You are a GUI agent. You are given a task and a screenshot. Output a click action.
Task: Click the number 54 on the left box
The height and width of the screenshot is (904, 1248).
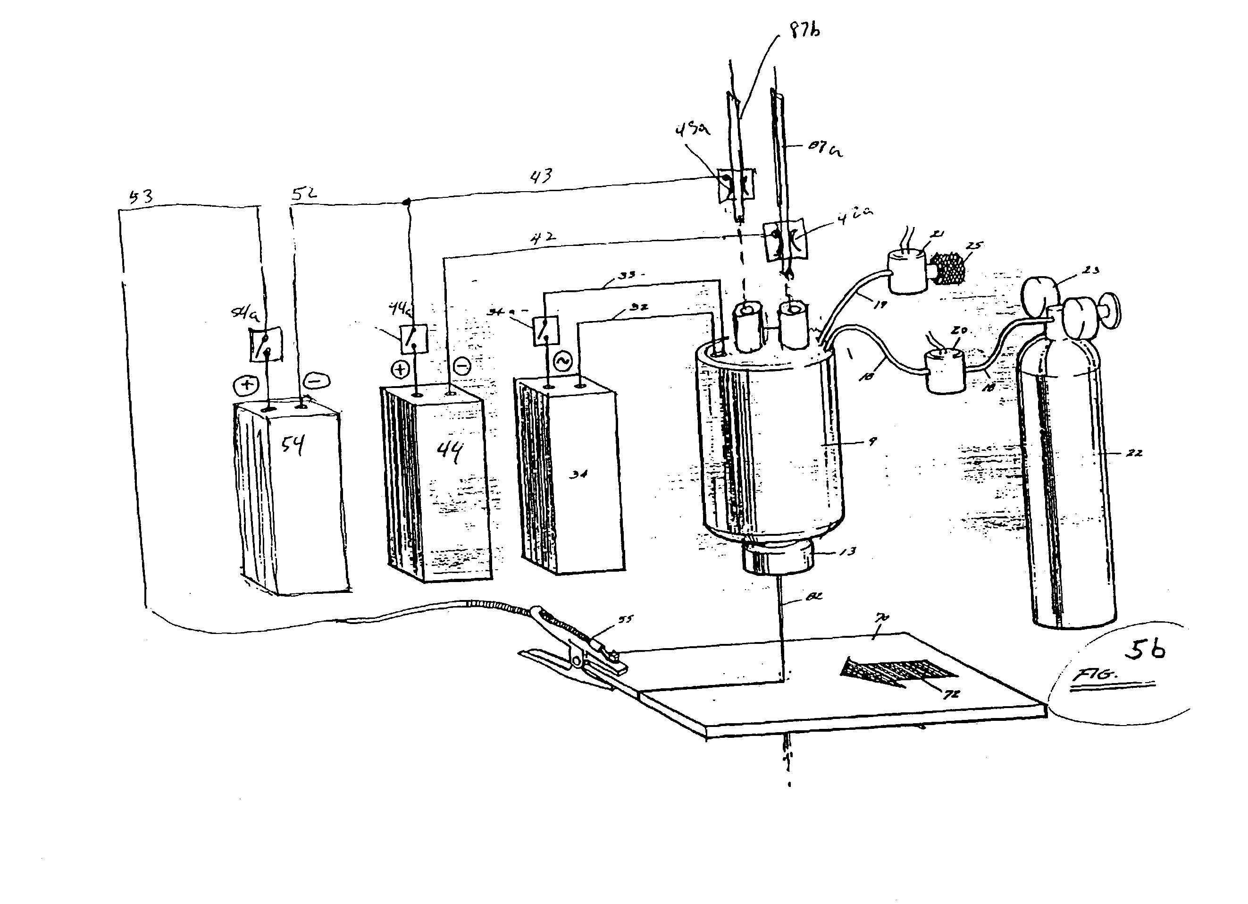292,444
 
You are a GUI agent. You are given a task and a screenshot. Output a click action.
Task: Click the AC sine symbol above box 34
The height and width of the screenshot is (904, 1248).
563,362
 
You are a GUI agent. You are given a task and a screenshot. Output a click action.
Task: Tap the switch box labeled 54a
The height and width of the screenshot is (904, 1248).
265,344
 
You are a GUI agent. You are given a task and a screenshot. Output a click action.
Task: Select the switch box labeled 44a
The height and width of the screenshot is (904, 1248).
413,338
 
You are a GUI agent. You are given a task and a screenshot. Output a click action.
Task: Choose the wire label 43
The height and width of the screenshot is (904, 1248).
540,176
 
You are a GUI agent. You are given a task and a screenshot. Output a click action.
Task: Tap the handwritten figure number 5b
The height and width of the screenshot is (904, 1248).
1145,650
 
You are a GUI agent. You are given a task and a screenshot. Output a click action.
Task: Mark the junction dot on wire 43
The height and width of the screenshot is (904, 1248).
407,203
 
